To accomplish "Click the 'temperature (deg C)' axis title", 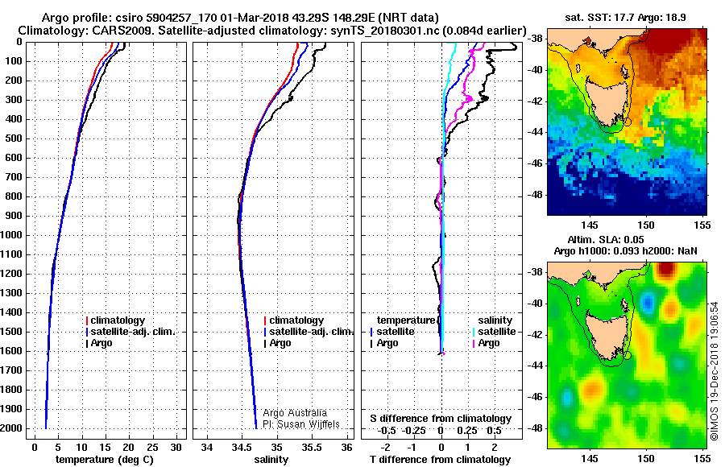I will [105, 460].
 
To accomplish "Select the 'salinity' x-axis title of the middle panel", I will [271, 460].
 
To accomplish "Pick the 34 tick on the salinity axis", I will [207, 447].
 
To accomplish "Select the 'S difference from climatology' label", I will [441, 419].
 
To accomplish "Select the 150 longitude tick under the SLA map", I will [646, 457].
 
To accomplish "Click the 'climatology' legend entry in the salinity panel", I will [296, 320].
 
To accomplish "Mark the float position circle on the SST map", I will [628, 122].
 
